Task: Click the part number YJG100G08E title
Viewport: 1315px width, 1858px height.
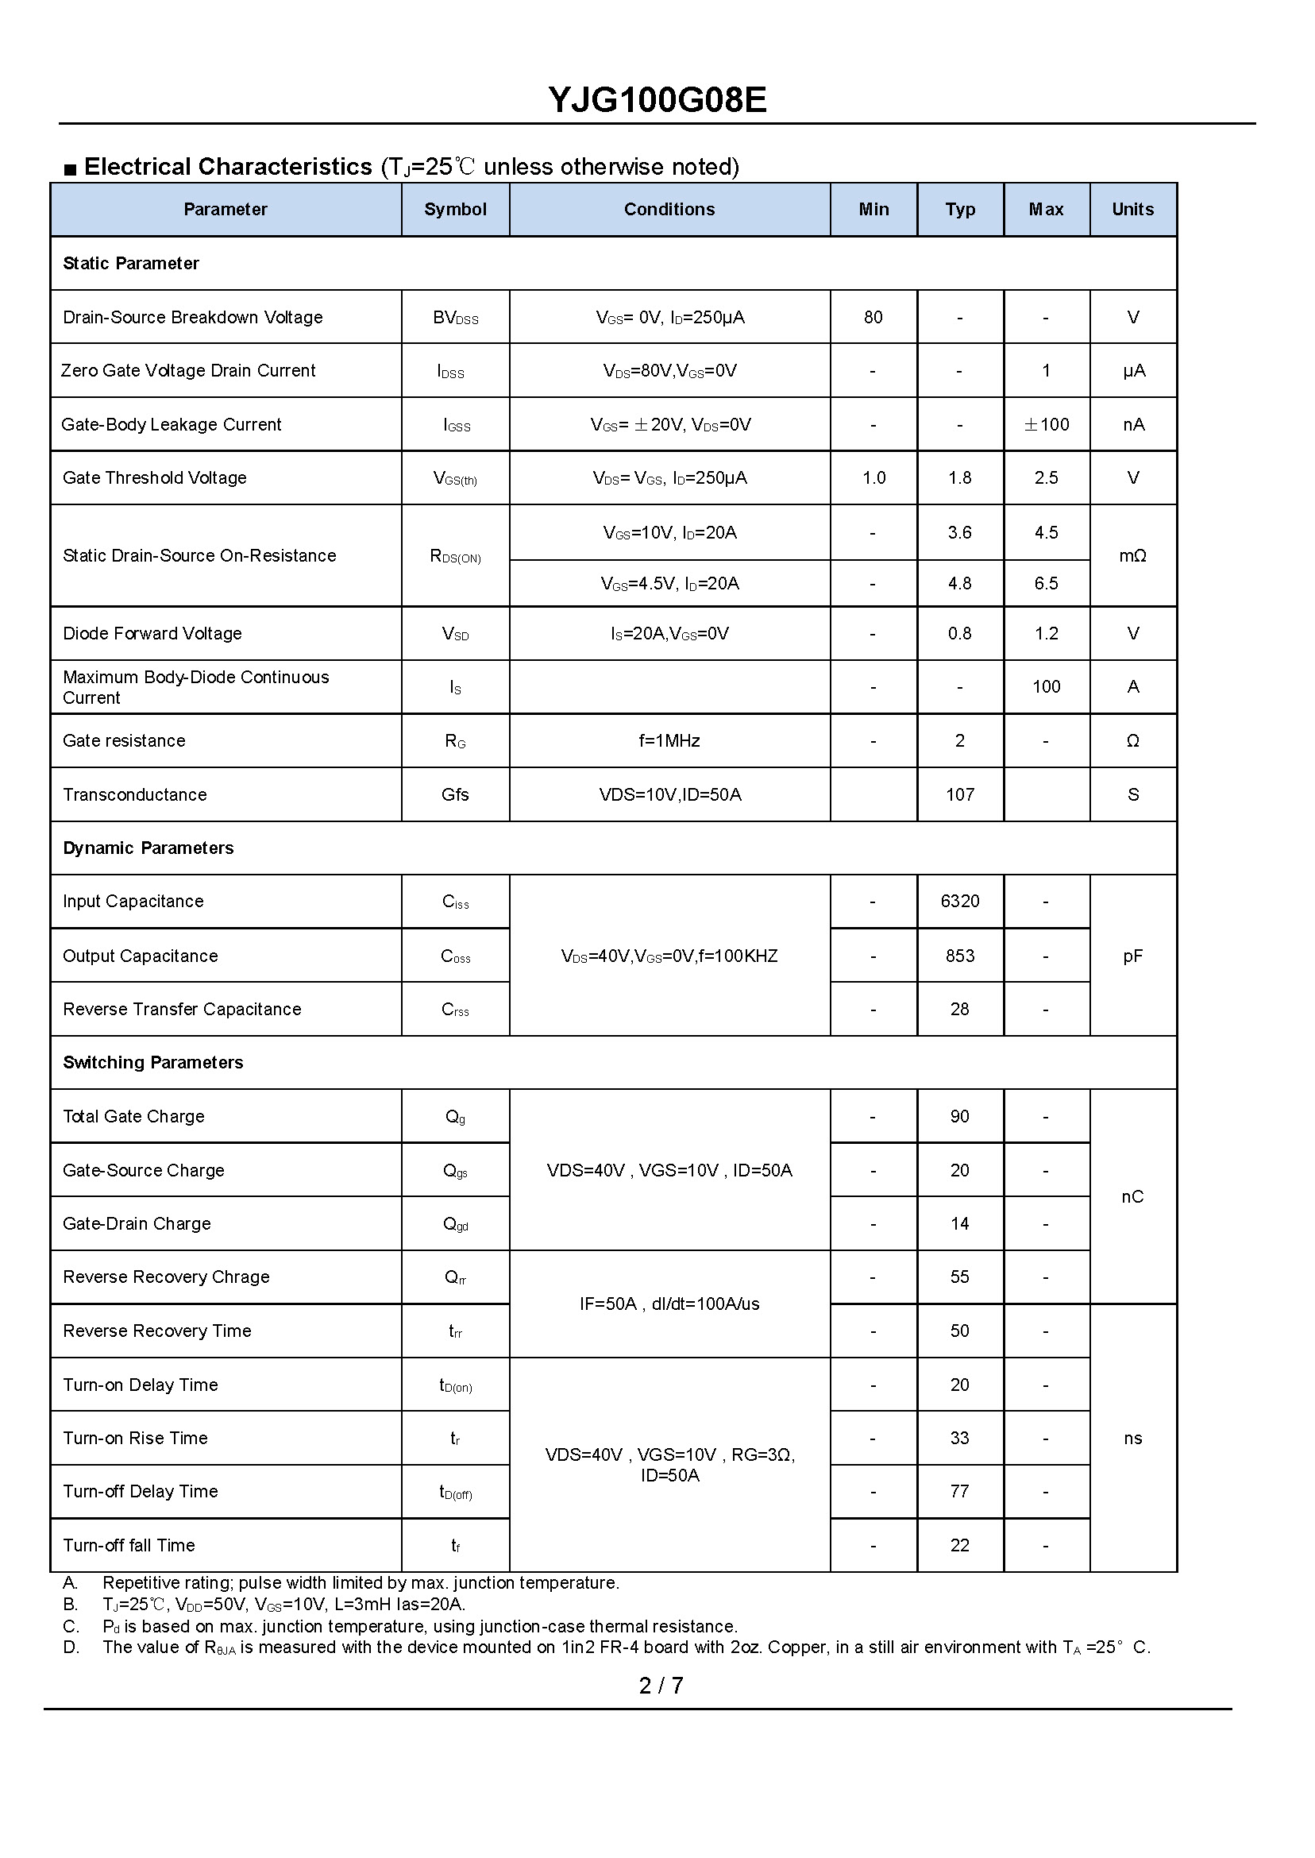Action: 657,100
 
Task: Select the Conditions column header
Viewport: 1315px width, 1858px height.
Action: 669,209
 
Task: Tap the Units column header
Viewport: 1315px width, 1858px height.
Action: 1132,209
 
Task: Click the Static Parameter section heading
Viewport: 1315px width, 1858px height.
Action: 130,263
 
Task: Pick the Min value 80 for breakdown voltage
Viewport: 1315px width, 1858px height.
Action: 873,317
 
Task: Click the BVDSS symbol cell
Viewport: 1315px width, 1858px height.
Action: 455,318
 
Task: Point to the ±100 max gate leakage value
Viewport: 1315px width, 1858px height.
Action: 1046,424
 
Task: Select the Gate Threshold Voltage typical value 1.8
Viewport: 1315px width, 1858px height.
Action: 959,478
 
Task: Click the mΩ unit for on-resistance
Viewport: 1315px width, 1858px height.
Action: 1132,555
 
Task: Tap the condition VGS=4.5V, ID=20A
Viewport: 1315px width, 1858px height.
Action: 669,583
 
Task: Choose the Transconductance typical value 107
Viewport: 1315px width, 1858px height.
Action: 959,794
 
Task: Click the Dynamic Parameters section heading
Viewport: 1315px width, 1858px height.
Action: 148,848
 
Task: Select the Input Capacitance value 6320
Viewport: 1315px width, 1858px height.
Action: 959,901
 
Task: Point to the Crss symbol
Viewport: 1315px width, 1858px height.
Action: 455,1009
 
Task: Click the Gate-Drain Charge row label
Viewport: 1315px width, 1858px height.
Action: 137,1223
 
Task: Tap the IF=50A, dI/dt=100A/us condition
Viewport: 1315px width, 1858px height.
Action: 669,1304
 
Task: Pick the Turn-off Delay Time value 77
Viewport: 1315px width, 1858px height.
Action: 959,1491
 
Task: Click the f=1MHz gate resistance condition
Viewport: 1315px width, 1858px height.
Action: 669,740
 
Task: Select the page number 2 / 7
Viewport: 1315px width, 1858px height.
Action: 661,1686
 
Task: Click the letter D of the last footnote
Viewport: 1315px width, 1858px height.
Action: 71,1647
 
